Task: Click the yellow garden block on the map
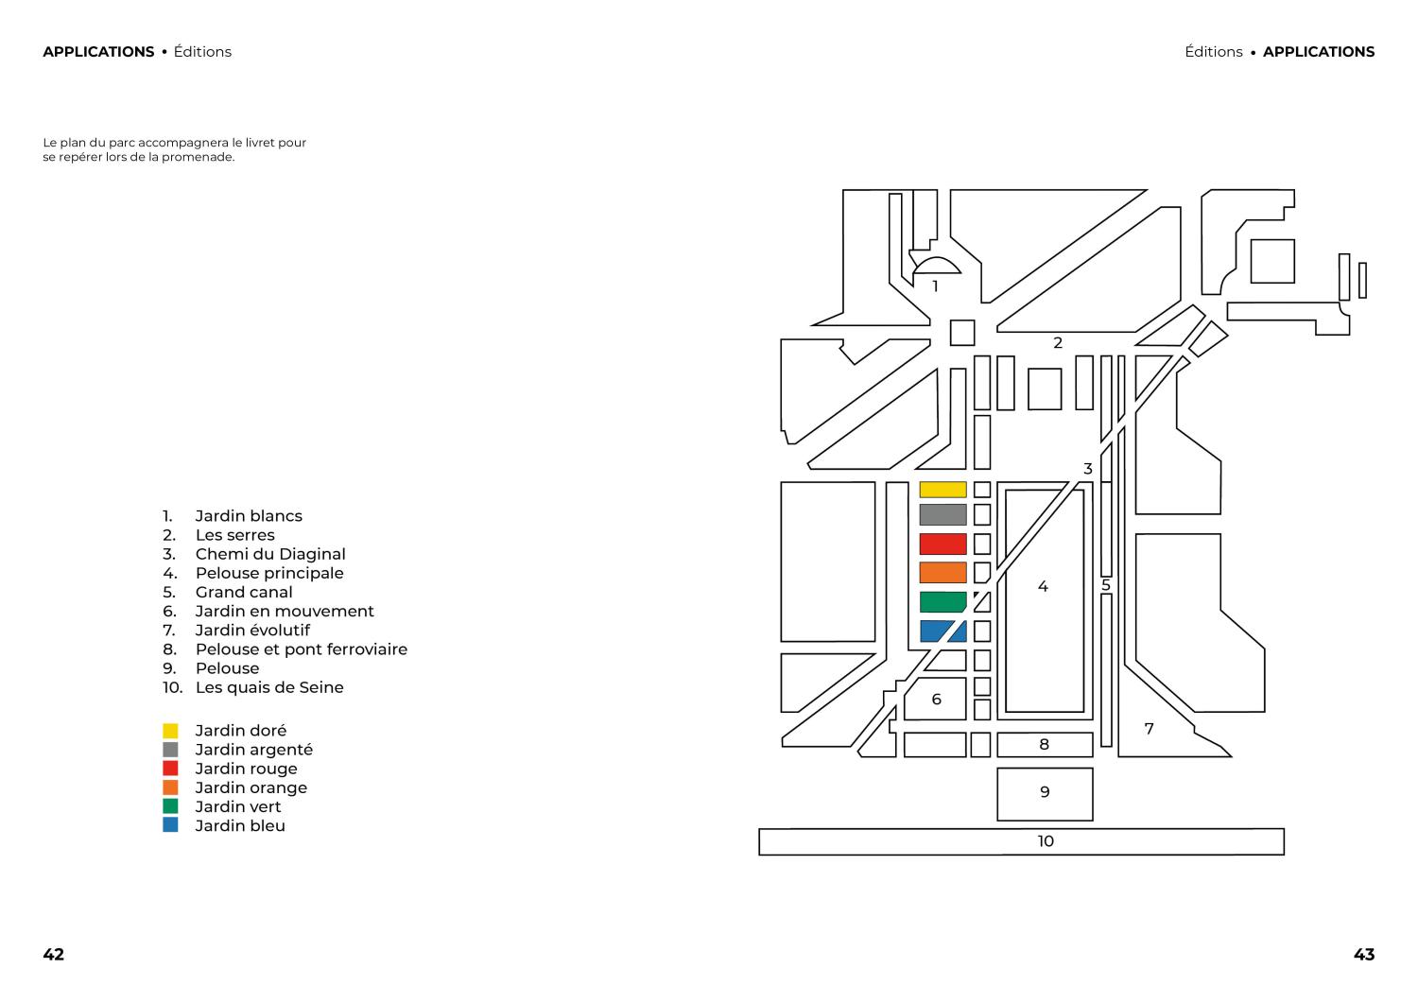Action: click(942, 490)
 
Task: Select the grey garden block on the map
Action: click(942, 515)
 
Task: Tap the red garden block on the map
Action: click(942, 544)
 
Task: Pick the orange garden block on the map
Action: click(942, 573)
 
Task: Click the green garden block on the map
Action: click(942, 601)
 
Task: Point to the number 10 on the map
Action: click(1046, 841)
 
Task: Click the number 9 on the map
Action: click(1045, 791)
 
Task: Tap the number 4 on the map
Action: click(1043, 586)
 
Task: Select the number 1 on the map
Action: click(935, 286)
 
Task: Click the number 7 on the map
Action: click(1149, 729)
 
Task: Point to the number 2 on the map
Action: click(1057, 342)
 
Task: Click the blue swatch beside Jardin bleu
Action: click(170, 824)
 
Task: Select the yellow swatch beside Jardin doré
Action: click(170, 731)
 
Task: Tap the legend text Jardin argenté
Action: click(254, 750)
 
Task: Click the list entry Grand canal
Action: click(244, 592)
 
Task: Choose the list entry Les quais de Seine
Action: click(269, 687)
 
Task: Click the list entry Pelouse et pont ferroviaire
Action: click(302, 649)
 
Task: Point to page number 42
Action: click(53, 954)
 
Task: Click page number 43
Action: click(1363, 954)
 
